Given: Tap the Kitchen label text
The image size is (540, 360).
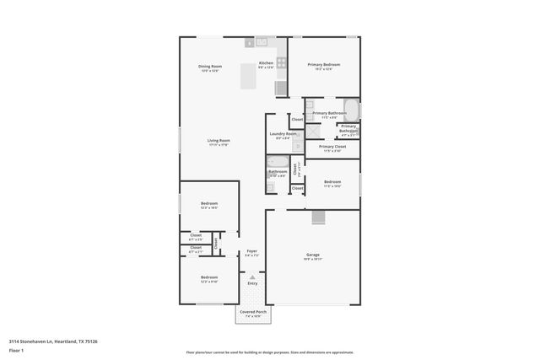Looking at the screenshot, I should (x=266, y=64).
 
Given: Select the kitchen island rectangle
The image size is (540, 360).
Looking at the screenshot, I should (x=249, y=76).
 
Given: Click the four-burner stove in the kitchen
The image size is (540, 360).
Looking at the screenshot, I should (x=280, y=62).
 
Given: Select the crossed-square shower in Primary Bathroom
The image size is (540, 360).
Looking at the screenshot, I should (x=311, y=131).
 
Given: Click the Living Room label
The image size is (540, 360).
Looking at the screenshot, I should (x=219, y=142).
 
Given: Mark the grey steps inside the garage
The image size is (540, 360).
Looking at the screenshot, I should (x=318, y=218).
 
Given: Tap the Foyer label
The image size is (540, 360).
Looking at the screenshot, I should (x=251, y=252).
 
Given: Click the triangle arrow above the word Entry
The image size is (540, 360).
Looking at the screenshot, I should (x=251, y=275).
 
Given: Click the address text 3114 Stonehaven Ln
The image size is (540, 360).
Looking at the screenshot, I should (x=34, y=341).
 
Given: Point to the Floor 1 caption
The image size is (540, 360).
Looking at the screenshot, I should (x=16, y=350).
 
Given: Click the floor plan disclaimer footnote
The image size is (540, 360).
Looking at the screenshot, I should (x=269, y=352).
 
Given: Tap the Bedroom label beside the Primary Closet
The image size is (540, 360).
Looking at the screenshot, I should (x=332, y=183).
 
